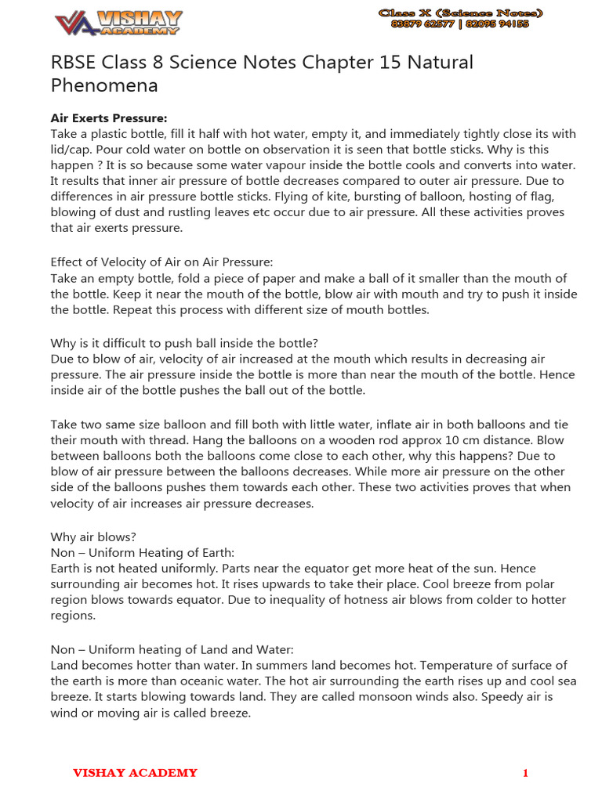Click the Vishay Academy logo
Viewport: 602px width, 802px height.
click(118, 22)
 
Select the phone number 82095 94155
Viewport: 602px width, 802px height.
click(497, 24)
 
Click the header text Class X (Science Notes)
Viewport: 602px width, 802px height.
click(460, 13)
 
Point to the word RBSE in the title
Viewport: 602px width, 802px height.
click(75, 62)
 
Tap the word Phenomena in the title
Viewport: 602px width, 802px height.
click(104, 85)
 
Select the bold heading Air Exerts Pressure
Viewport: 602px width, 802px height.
click(109, 118)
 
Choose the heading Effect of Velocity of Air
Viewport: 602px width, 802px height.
click(161, 262)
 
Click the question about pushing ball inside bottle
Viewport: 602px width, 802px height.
click(184, 343)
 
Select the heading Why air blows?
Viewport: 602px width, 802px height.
click(93, 536)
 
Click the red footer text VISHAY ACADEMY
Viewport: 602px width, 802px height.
click(135, 773)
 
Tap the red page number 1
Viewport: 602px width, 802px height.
click(525, 774)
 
